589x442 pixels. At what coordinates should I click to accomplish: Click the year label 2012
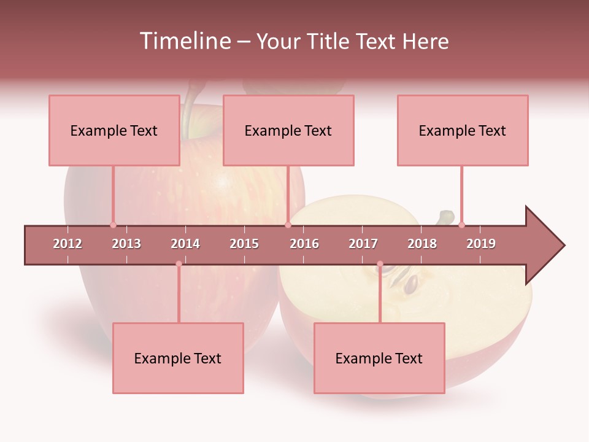pyautogui.click(x=67, y=244)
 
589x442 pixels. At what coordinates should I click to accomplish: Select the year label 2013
pyautogui.click(x=126, y=244)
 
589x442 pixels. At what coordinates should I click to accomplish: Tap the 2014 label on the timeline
pyautogui.click(x=185, y=244)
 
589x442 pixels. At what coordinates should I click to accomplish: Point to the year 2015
pyautogui.click(x=244, y=244)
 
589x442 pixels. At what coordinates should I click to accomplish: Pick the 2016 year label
pyautogui.click(x=304, y=244)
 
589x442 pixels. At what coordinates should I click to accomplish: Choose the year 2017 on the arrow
pyautogui.click(x=363, y=244)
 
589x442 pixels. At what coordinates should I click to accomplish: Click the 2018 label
pyautogui.click(x=422, y=244)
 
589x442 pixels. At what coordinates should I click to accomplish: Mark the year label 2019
pyautogui.click(x=481, y=244)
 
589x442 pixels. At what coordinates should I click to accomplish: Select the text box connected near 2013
pyautogui.click(x=114, y=130)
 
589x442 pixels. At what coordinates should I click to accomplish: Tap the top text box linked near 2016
pyautogui.click(x=288, y=130)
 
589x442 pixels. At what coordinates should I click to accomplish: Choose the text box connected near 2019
pyautogui.click(x=463, y=130)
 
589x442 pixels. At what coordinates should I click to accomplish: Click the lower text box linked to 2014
pyautogui.click(x=178, y=358)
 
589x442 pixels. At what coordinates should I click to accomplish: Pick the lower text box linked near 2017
pyautogui.click(x=379, y=358)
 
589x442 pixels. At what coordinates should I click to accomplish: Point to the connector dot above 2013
pyautogui.click(x=113, y=225)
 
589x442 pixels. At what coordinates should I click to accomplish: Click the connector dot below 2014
pyautogui.click(x=179, y=264)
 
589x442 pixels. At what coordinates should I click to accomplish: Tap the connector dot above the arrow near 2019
pyautogui.click(x=461, y=225)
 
